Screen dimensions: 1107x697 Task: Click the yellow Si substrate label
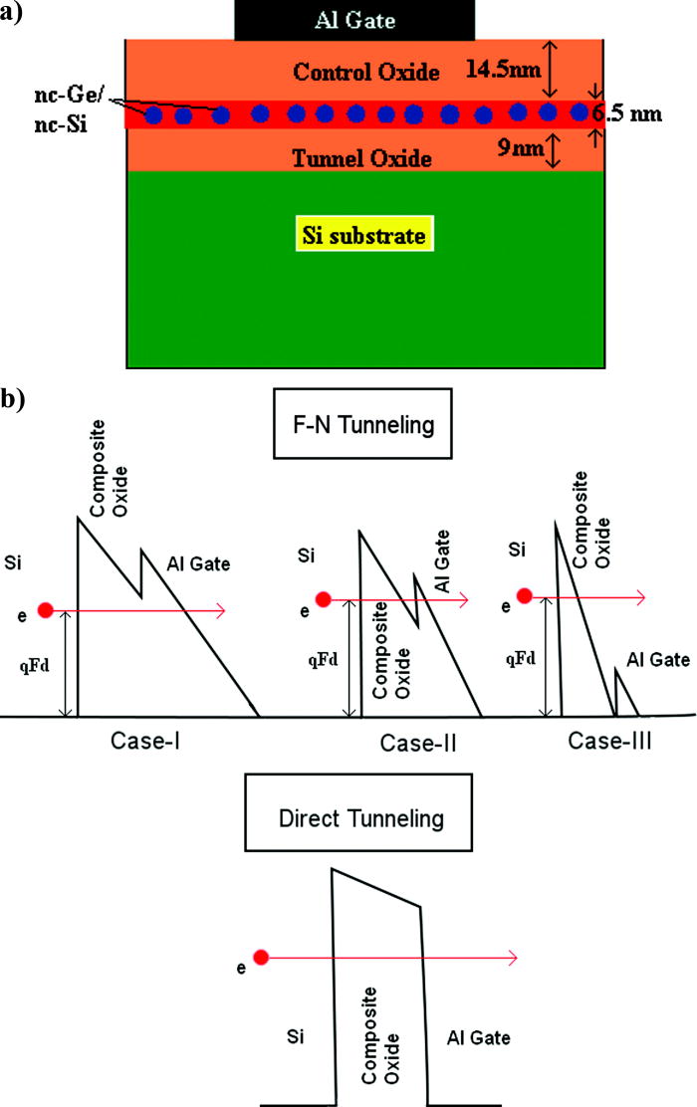pyautogui.click(x=366, y=236)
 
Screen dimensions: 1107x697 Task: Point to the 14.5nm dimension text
pyautogui.click(x=505, y=68)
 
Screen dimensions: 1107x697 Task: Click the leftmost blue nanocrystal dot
pyautogui.click(x=153, y=115)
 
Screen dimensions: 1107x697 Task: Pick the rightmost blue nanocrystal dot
pyautogui.click(x=581, y=111)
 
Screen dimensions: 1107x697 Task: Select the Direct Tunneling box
pyautogui.click(x=357, y=819)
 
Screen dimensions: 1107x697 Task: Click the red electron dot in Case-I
pyautogui.click(x=44, y=609)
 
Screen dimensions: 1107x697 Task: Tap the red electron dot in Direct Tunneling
pyautogui.click(x=261, y=958)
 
